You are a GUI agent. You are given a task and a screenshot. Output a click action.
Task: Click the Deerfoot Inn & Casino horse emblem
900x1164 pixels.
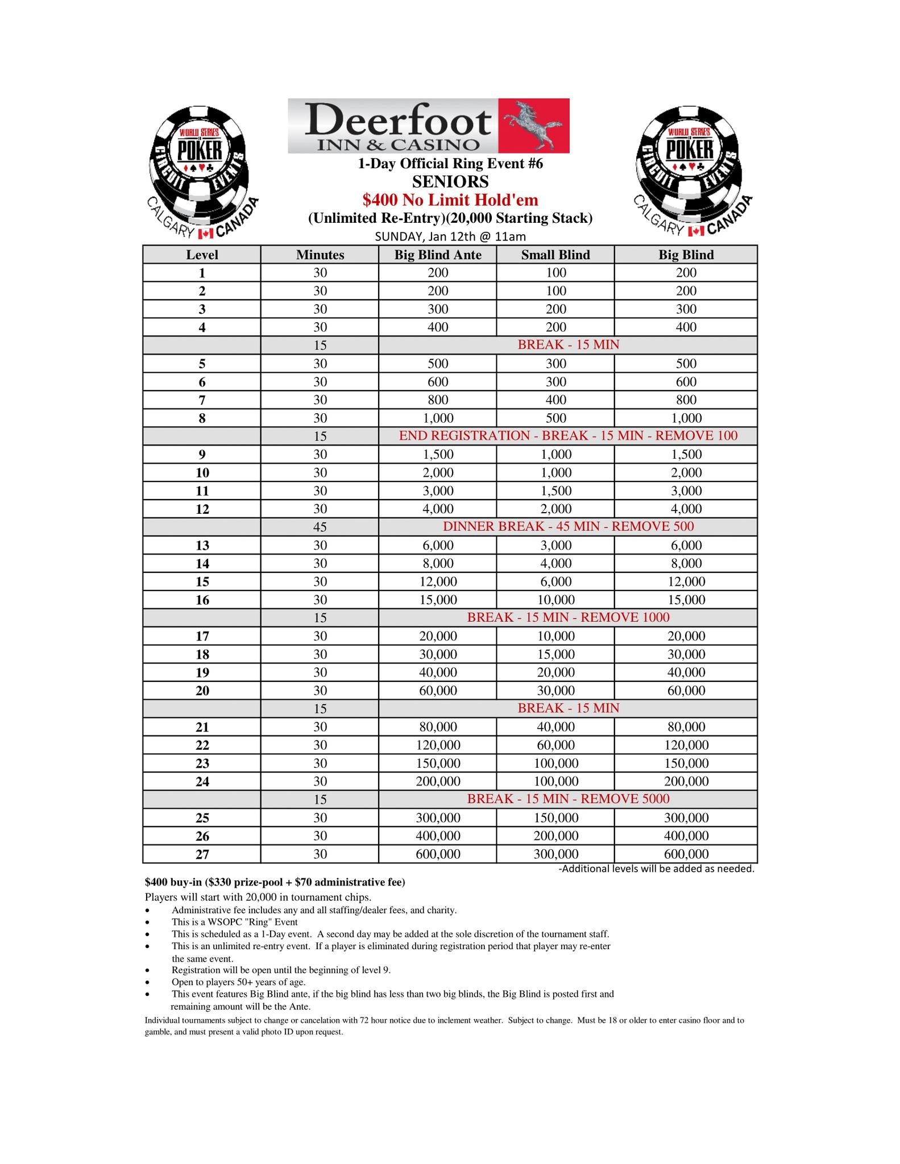(533, 126)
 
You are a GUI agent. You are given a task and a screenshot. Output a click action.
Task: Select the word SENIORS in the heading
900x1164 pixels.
(450, 182)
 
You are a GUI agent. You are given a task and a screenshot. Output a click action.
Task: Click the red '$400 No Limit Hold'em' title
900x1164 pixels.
(450, 200)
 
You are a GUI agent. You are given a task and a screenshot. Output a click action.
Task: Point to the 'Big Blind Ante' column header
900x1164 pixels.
(438, 255)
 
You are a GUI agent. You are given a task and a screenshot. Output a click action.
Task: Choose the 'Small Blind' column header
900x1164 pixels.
(555, 255)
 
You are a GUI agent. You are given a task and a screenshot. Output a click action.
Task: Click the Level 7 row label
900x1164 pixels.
(202, 400)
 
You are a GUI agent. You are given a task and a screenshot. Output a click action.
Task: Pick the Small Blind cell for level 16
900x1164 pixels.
(555, 600)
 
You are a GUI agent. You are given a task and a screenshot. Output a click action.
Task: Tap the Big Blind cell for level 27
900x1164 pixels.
(686, 854)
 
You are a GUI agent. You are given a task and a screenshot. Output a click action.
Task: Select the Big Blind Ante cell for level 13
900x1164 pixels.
(438, 546)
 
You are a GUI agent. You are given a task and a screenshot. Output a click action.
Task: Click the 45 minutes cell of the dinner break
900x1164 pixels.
(320, 527)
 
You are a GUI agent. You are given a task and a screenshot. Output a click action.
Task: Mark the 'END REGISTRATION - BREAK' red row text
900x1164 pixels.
(567, 436)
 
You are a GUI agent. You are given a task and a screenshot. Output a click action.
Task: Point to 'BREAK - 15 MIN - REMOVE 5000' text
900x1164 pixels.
(567, 799)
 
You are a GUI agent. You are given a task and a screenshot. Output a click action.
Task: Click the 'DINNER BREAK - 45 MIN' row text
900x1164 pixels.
(567, 527)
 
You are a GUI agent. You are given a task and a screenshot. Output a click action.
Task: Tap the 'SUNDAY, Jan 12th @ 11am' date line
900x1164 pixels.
(450, 236)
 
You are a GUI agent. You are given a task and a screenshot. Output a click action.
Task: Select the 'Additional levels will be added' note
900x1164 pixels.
(656, 868)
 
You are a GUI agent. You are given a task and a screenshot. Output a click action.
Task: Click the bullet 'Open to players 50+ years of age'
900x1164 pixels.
(238, 982)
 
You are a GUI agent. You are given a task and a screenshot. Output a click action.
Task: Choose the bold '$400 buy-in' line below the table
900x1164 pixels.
(275, 883)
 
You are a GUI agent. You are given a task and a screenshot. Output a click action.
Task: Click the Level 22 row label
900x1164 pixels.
(202, 745)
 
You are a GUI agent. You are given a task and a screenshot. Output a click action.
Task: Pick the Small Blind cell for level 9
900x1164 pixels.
(555, 455)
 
